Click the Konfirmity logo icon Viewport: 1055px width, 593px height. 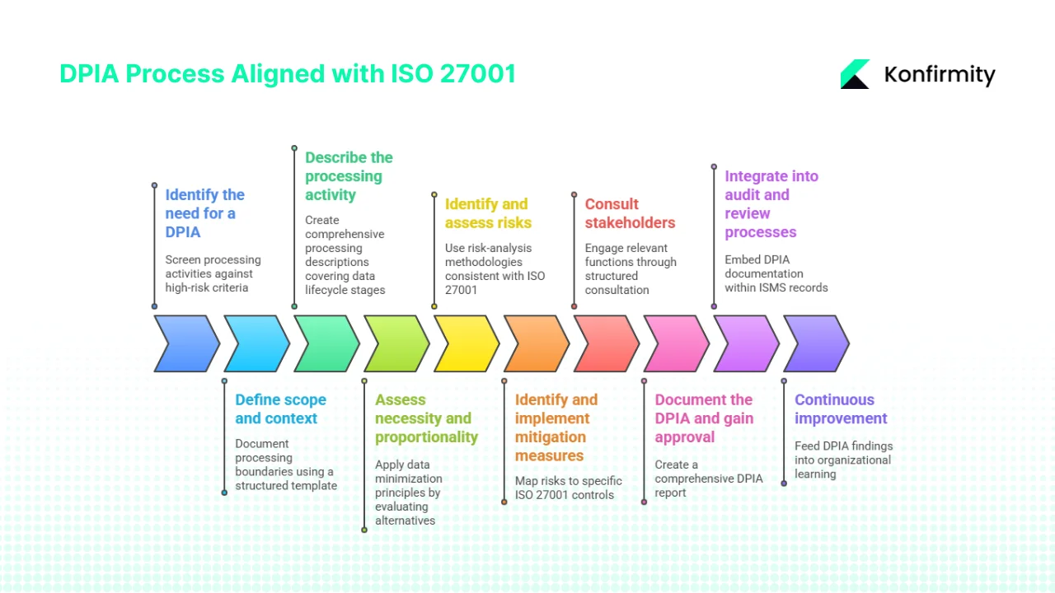point(856,74)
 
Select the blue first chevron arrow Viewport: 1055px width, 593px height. point(186,343)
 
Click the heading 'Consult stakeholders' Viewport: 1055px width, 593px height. point(630,213)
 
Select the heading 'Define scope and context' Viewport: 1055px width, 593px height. point(280,409)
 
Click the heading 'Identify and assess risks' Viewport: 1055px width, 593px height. point(488,213)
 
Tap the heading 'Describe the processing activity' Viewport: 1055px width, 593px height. point(349,176)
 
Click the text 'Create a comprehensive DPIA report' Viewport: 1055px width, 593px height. point(708,479)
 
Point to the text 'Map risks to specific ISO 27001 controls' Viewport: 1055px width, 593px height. point(568,488)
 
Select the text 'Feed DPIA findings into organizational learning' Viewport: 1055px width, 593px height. point(843,460)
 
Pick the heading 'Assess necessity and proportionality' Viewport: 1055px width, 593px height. point(426,418)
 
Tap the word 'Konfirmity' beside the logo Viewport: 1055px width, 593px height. point(939,75)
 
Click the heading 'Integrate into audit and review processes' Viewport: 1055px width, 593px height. point(771,204)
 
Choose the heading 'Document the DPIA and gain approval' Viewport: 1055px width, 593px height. point(704,418)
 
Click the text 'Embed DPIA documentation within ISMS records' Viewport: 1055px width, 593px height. point(776,273)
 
